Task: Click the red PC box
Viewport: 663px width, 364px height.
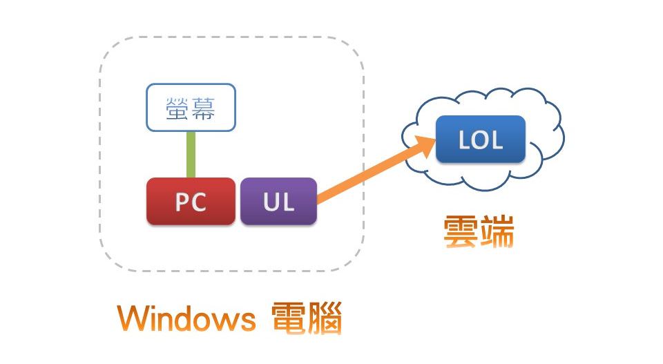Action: click(191, 202)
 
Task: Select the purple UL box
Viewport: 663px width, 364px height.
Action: click(278, 202)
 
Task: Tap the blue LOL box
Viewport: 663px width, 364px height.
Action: click(481, 140)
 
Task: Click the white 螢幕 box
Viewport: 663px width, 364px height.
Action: click(191, 108)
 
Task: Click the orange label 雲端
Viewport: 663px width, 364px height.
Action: click(479, 233)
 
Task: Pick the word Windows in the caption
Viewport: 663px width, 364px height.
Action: click(186, 319)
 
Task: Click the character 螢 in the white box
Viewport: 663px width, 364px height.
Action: click(177, 108)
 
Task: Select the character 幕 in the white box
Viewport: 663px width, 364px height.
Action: click(204, 108)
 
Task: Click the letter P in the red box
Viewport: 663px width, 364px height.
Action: click(182, 202)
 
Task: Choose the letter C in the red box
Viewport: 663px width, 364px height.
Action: click(200, 202)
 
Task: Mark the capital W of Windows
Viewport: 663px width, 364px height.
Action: click(132, 319)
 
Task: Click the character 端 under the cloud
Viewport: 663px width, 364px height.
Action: click(497, 233)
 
